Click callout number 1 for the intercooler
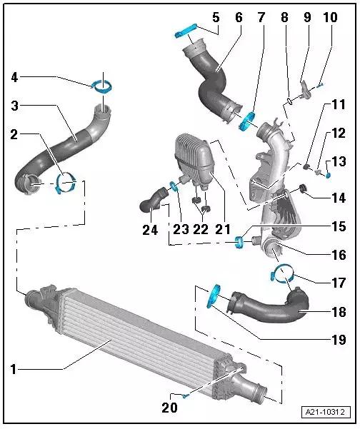pyautogui.click(x=13, y=369)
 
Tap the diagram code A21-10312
pyautogui.click(x=325, y=411)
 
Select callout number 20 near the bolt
pyautogui.click(x=169, y=408)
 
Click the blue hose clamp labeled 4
pyautogui.click(x=102, y=87)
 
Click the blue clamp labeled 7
pyautogui.click(x=246, y=121)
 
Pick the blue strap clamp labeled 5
pyautogui.click(x=186, y=31)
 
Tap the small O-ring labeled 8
pyautogui.click(x=289, y=102)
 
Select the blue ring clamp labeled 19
pyautogui.click(x=214, y=296)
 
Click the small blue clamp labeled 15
pyautogui.click(x=239, y=243)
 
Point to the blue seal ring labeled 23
pyautogui.click(x=174, y=186)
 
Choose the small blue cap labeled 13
pyautogui.click(x=329, y=175)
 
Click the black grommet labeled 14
pyautogui.click(x=303, y=188)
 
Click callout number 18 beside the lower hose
pyautogui.click(x=339, y=312)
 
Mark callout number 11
pyautogui.click(x=339, y=105)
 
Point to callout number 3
pyautogui.click(x=15, y=106)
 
